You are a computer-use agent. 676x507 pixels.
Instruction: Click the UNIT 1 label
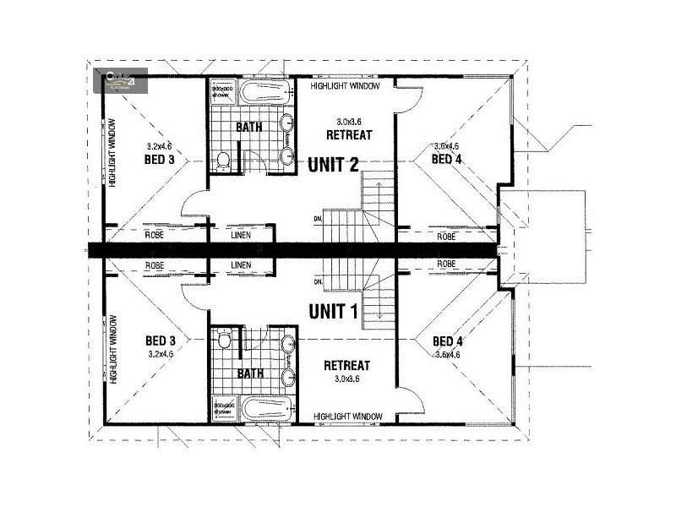[332, 311]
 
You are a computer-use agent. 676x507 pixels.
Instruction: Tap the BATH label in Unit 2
[248, 128]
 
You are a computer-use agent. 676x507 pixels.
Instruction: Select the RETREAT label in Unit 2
[349, 135]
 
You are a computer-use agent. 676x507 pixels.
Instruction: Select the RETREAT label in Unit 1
[347, 365]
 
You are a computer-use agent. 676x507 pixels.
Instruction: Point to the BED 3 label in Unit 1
[160, 341]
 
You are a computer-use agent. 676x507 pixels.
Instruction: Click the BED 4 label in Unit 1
[446, 341]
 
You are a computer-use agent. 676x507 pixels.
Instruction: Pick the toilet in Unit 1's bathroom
[224, 341]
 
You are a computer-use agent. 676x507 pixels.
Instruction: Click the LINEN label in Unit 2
[241, 235]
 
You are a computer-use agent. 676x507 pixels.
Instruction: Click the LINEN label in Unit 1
[241, 265]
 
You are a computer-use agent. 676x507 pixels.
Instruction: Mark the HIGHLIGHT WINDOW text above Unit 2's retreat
[345, 86]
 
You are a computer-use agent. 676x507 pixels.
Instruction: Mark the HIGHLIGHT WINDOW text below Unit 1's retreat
[347, 417]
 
